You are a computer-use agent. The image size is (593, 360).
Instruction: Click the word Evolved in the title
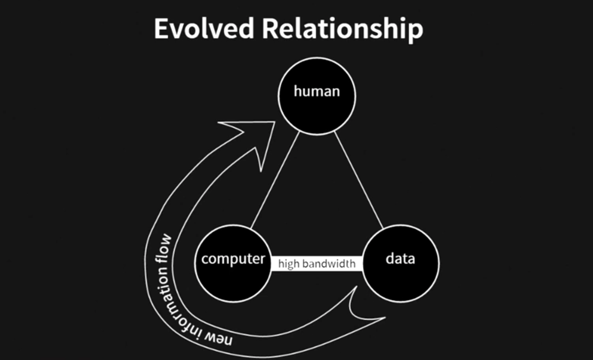(x=204, y=28)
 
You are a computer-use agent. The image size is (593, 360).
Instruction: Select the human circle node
(x=317, y=109)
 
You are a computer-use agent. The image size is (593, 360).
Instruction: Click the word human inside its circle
(x=317, y=91)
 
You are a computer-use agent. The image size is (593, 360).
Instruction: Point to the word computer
(x=233, y=259)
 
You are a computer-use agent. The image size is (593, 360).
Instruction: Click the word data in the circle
(x=400, y=259)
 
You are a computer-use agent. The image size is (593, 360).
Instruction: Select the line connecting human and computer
(x=275, y=180)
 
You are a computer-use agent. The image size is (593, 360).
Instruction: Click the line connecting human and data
(x=359, y=180)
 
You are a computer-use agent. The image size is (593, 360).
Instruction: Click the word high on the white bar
(x=289, y=264)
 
